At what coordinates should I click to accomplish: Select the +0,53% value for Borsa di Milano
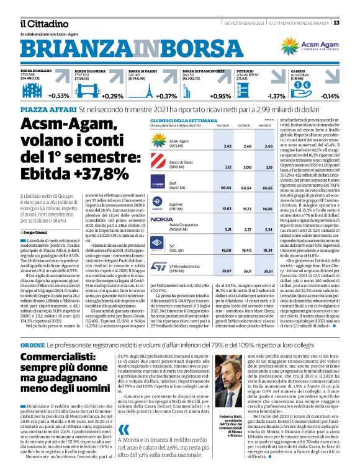click(59, 96)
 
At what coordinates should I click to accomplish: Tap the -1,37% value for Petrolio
click(276, 96)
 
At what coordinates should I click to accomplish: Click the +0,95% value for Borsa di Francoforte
click(220, 96)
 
